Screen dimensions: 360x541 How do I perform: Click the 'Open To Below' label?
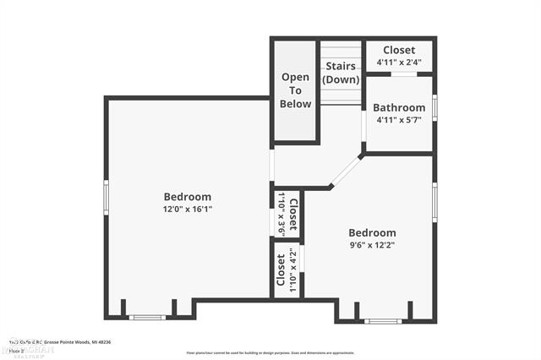[296, 90]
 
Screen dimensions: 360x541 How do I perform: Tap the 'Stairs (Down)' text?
[341, 71]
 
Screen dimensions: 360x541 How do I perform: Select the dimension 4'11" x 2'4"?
[398, 63]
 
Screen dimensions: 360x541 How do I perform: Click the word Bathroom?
[400, 108]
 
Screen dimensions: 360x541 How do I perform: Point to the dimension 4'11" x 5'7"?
[398, 120]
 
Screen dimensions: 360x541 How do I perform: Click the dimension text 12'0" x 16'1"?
[188, 209]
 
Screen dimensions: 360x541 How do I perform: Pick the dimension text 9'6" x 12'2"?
[371, 245]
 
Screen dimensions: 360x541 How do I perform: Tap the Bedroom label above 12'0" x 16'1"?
[188, 197]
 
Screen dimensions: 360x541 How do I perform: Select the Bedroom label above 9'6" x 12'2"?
[372, 233]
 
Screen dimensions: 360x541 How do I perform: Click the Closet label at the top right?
[399, 51]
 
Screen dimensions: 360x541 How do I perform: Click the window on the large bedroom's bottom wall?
[147, 318]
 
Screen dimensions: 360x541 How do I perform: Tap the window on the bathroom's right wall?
[434, 110]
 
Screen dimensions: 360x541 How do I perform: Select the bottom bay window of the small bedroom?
[383, 321]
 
